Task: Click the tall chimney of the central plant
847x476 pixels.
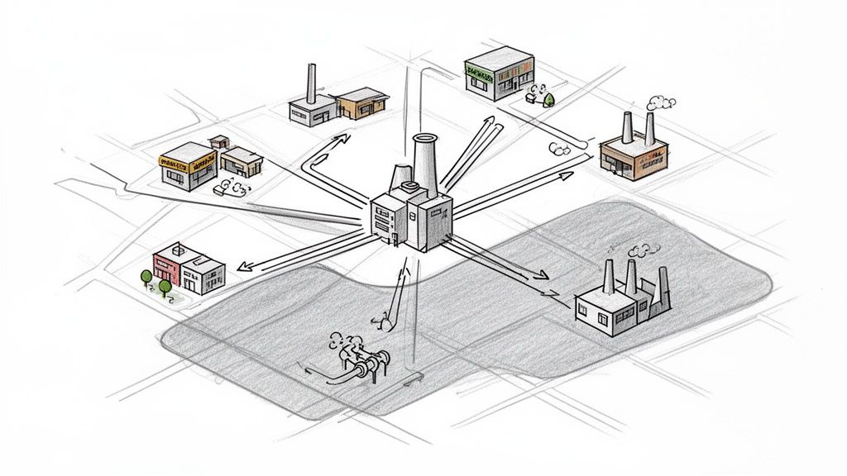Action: [x=425, y=165]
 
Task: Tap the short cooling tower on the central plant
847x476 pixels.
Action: [x=402, y=177]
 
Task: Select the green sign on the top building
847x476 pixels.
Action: [x=483, y=70]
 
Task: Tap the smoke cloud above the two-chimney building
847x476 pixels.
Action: [x=660, y=103]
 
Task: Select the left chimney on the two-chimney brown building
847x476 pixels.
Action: [x=628, y=128]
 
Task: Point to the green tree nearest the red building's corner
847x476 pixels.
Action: [x=165, y=286]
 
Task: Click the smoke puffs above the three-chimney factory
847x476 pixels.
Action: [x=639, y=249]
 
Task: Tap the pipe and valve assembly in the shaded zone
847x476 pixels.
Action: [x=362, y=364]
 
